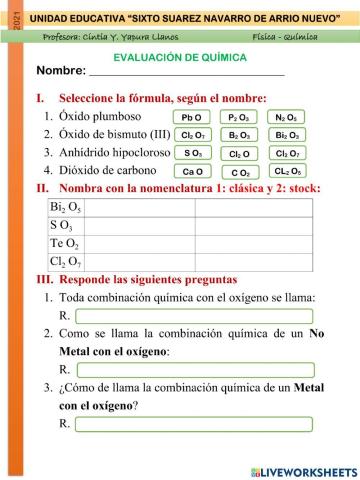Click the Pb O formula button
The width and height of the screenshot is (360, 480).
pyautogui.click(x=189, y=117)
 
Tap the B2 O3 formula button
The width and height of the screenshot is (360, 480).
pyautogui.click(x=239, y=135)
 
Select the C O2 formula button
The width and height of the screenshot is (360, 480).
pyautogui.click(x=239, y=172)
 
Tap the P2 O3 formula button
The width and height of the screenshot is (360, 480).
pyautogui.click(x=239, y=117)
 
